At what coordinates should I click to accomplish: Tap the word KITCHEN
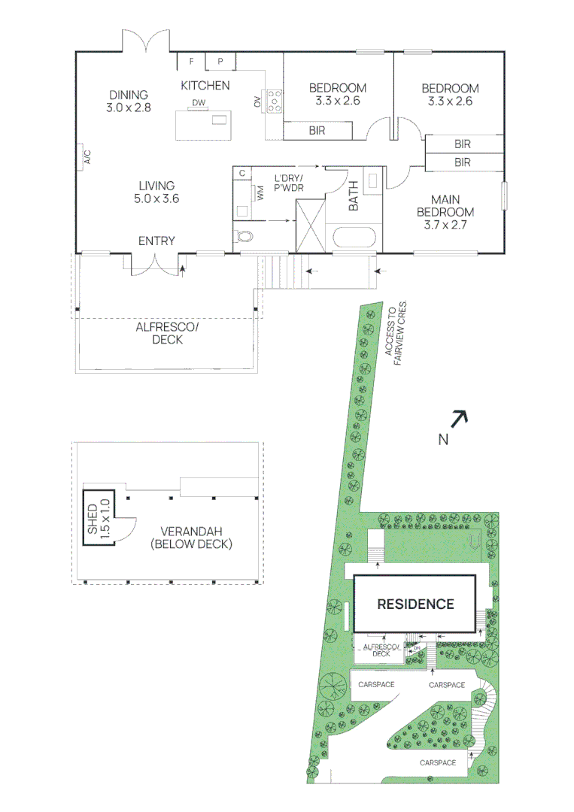205,86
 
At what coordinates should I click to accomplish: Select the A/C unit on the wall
87,157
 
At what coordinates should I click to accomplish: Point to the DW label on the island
198,103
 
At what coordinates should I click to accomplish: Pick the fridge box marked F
191,61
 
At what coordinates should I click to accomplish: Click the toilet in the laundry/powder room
244,237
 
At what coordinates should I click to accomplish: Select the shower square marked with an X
310,225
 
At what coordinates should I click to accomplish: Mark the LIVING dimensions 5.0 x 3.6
156,199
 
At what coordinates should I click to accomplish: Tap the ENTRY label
156,241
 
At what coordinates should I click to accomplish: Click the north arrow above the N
459,418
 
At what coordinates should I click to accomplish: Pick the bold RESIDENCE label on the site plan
415,604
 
